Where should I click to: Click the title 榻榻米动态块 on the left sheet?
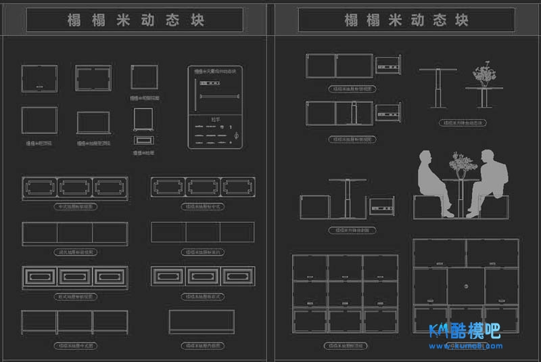[135, 20]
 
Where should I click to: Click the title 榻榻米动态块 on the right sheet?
[406, 20]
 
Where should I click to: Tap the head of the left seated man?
[425, 158]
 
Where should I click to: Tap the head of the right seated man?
[490, 156]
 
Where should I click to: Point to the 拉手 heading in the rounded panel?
[216, 119]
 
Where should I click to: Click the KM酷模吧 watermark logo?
[465, 331]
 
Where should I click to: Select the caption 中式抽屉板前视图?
[74, 205]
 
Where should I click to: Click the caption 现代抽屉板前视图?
[74, 252]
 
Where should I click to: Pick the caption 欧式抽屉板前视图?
[74, 296]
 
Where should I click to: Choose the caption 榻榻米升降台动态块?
[463, 123]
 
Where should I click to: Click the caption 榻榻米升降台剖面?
[352, 231]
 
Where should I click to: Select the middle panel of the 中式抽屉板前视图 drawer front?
[74, 187]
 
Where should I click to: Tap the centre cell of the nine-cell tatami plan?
[345, 293]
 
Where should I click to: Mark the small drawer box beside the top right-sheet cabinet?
[389, 66]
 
